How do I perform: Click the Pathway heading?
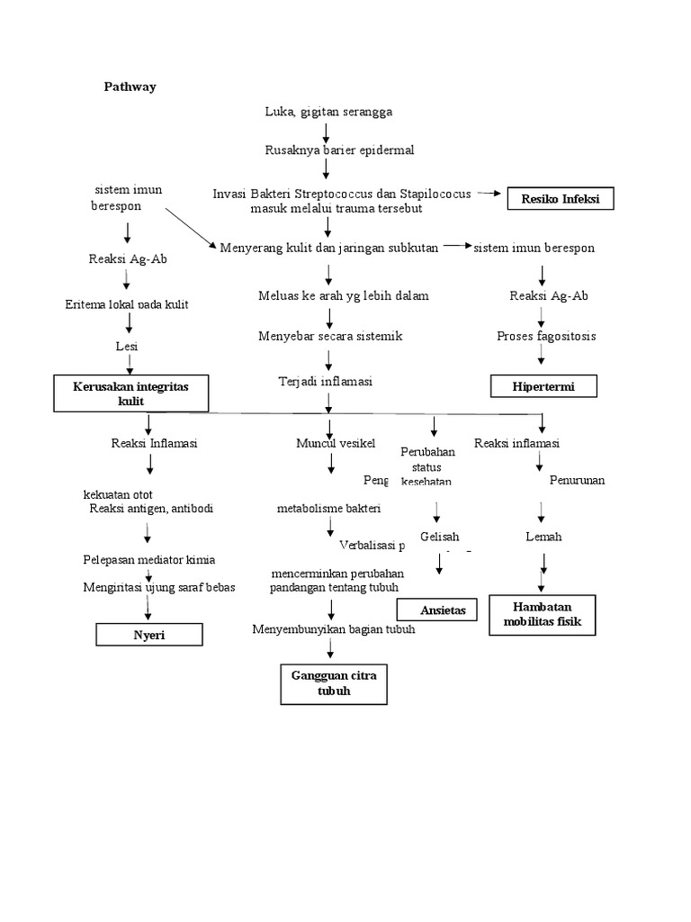click(x=130, y=87)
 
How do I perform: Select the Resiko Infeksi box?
click(x=560, y=198)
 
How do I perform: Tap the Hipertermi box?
click(x=543, y=386)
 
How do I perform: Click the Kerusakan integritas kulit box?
click(x=130, y=393)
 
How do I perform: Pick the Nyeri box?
click(x=148, y=635)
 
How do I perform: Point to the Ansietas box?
click(x=436, y=610)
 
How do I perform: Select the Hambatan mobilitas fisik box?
click(x=542, y=614)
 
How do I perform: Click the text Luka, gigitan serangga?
click(x=328, y=112)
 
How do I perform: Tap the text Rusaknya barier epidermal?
click(x=339, y=150)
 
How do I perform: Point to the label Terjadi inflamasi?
click(x=325, y=382)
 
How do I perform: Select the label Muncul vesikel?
click(x=336, y=443)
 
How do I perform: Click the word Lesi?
click(x=127, y=346)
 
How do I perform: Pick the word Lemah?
click(x=543, y=537)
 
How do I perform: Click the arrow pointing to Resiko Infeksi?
click(x=490, y=193)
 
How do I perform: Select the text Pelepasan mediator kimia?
click(x=148, y=560)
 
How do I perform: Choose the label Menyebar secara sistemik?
click(x=330, y=336)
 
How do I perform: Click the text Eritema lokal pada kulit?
click(x=127, y=304)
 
